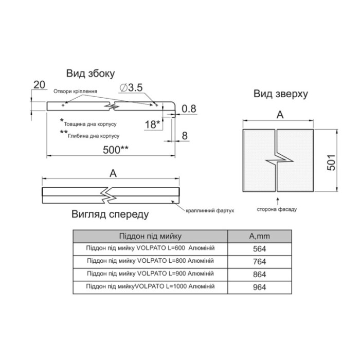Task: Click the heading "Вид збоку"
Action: pyautogui.click(x=91, y=74)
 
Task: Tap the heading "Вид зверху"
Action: pyautogui.click(x=281, y=94)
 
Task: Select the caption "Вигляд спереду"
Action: pyautogui.click(x=110, y=214)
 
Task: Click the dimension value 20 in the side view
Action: pyautogui.click(x=39, y=85)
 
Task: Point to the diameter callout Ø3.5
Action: pyautogui.click(x=131, y=87)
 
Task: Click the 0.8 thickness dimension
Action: pyautogui.click(x=189, y=109)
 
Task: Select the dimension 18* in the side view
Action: pyautogui.click(x=152, y=124)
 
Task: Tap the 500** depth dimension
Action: pyautogui.click(x=116, y=150)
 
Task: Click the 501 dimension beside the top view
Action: pyautogui.click(x=331, y=163)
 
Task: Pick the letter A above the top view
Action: pyautogui.click(x=280, y=115)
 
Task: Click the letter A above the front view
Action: pyautogui.click(x=113, y=173)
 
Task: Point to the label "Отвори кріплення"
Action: pyautogui.click(x=75, y=92)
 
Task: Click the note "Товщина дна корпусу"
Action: pyautogui.click(x=90, y=124)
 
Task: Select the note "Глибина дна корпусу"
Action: pyautogui.click(x=94, y=136)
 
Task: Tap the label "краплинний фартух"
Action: pyautogui.click(x=210, y=210)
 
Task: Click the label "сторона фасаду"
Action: pyautogui.click(x=277, y=209)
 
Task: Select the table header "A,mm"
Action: pyautogui.click(x=259, y=236)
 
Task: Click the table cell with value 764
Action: pyautogui.click(x=259, y=262)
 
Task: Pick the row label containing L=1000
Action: pyautogui.click(x=150, y=286)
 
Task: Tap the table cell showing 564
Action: pyautogui.click(x=259, y=249)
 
